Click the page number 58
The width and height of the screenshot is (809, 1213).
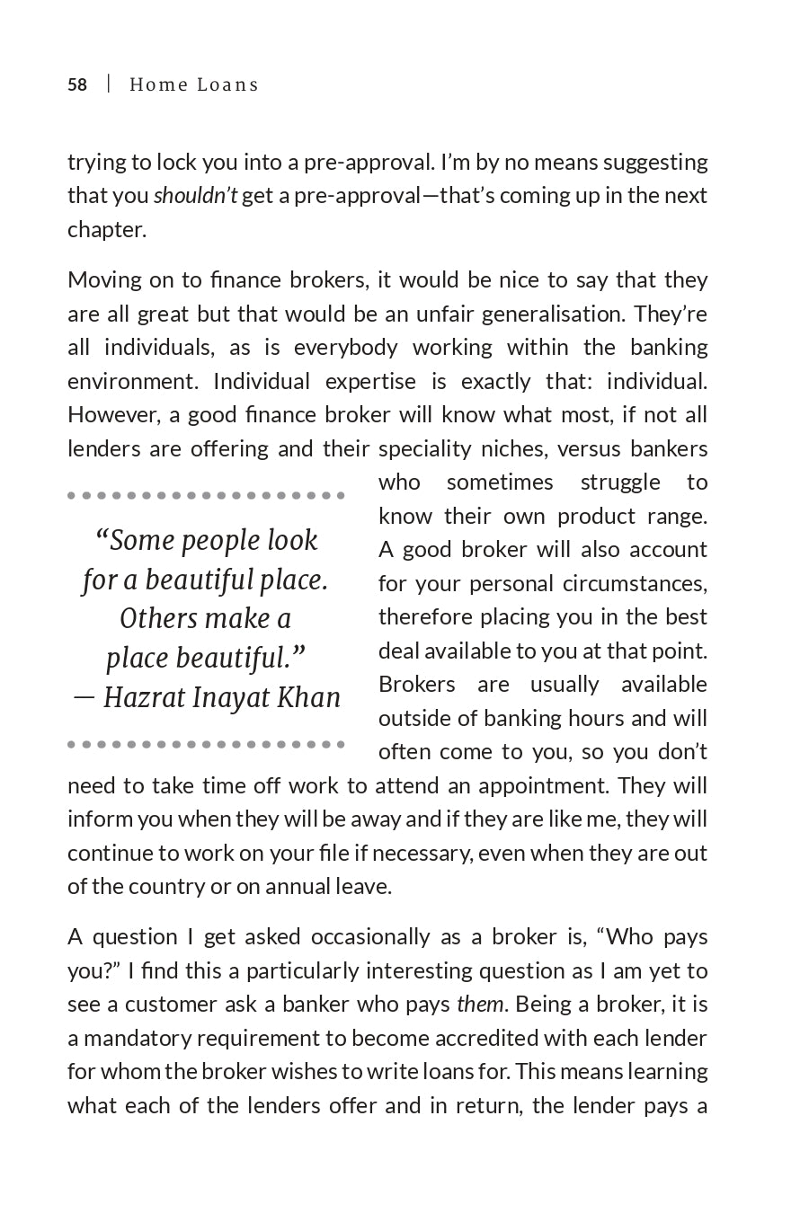(x=77, y=84)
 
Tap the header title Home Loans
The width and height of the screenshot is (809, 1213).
(x=194, y=84)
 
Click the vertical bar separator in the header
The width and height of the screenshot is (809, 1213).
(x=109, y=84)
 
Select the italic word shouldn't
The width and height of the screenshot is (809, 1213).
(x=195, y=196)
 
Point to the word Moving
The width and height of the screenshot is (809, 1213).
(x=102, y=279)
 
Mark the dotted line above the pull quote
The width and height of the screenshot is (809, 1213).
(x=206, y=495)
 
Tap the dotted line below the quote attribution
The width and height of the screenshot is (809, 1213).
(x=206, y=744)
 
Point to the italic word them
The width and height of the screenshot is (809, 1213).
(x=480, y=1004)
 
